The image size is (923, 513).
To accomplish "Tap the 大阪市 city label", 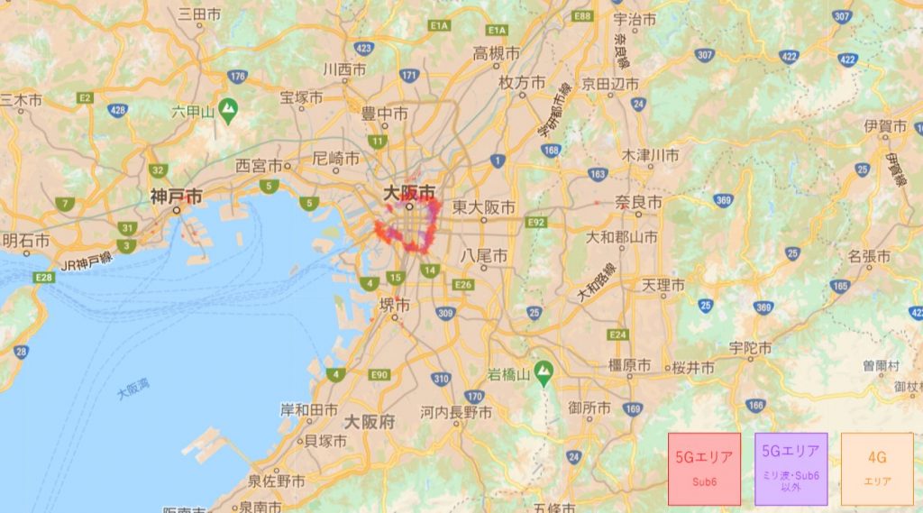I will click(409, 193).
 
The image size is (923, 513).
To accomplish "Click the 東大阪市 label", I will click(484, 206).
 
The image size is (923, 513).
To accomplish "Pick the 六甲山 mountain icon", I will click(228, 106).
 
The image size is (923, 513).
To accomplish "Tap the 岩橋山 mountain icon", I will click(544, 371).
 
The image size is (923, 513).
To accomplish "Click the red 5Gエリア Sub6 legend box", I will click(704, 468).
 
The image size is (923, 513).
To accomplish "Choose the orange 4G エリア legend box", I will click(876, 468).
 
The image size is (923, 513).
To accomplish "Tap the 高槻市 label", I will click(497, 53).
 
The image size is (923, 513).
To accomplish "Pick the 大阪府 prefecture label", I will click(370, 421).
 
